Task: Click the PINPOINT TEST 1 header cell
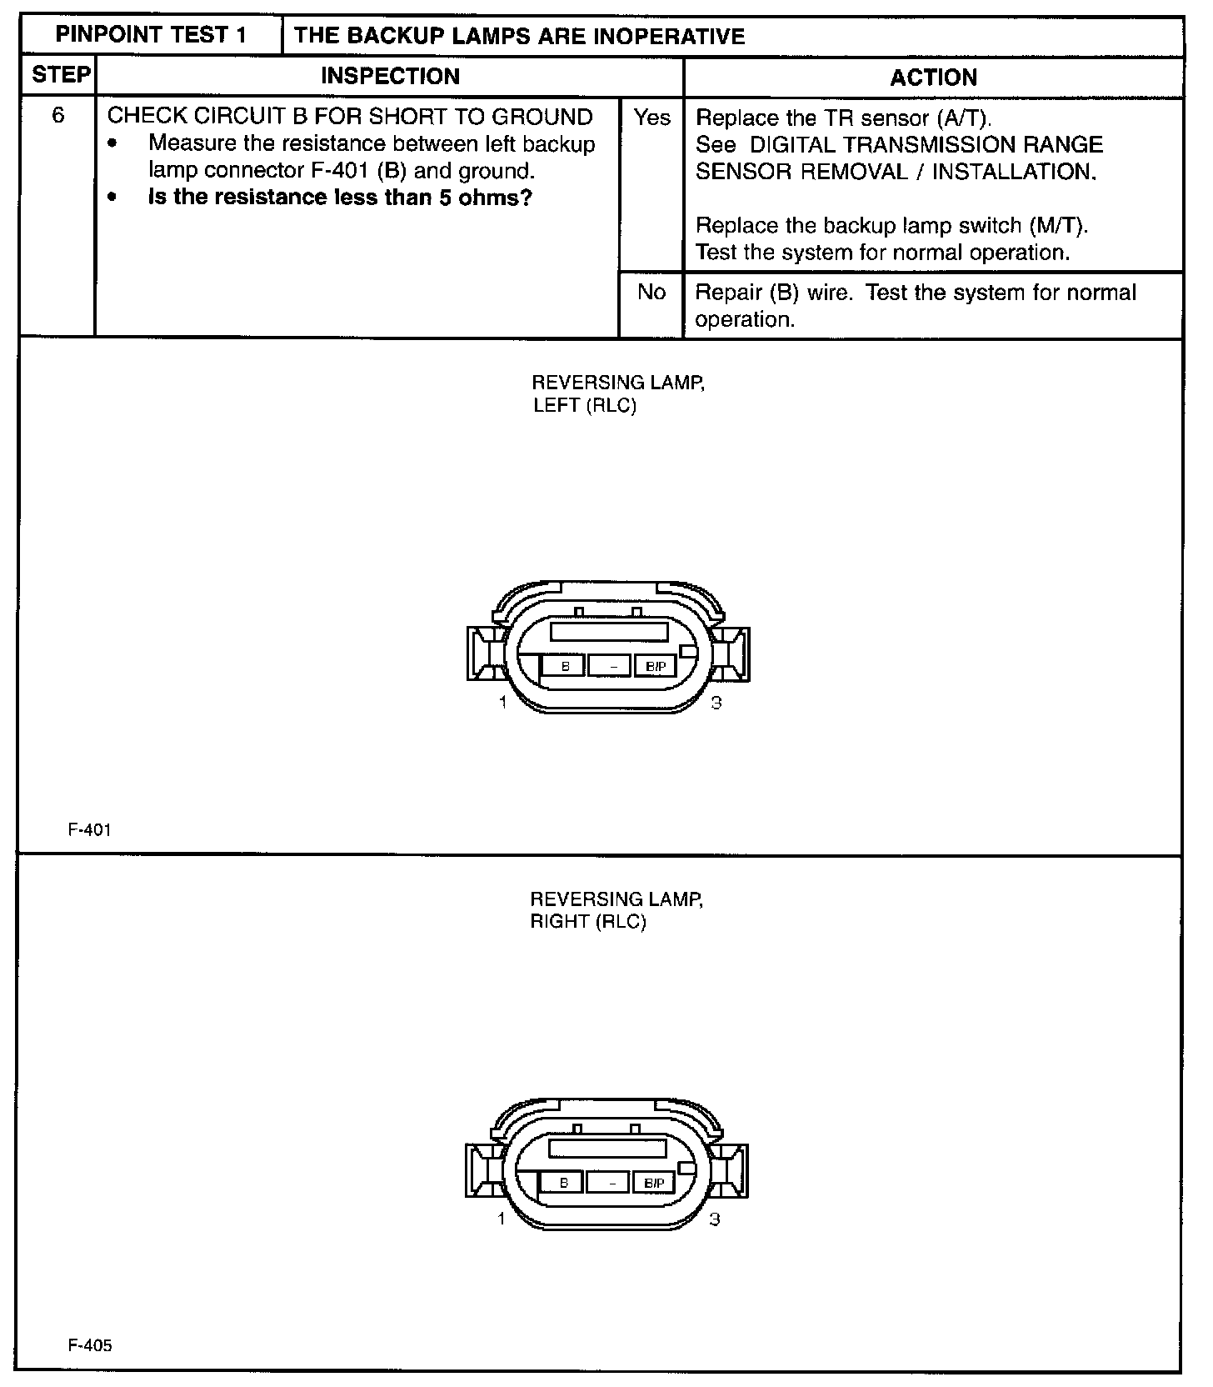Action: (151, 36)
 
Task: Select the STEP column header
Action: (60, 76)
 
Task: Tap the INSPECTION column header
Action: (390, 77)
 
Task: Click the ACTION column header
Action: (933, 78)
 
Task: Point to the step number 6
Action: (58, 115)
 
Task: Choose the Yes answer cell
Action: (651, 118)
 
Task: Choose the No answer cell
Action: (651, 292)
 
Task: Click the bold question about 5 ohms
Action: (340, 198)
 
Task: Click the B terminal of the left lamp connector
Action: (565, 666)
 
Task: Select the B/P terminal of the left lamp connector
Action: (656, 666)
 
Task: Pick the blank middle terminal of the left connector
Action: (610, 666)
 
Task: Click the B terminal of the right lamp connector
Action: (563, 1183)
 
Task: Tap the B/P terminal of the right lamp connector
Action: (654, 1183)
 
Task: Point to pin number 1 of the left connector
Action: (502, 703)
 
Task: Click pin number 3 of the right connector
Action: (714, 1219)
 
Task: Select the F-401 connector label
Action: (89, 829)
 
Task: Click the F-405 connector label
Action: (90, 1345)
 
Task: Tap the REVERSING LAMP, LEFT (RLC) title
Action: (617, 394)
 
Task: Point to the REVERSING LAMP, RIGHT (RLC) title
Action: (616, 910)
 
